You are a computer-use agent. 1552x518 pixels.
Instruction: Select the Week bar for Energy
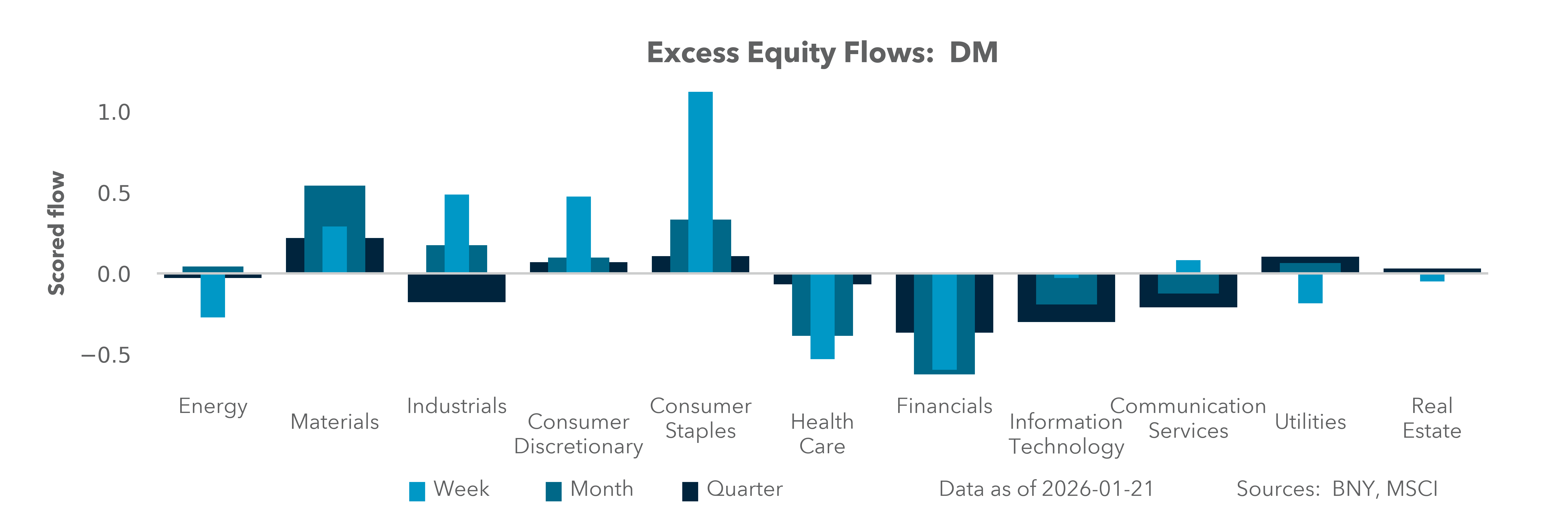[213, 296]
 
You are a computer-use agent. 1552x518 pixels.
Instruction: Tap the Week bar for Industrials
[457, 233]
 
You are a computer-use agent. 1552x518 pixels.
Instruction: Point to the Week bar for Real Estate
[1432, 278]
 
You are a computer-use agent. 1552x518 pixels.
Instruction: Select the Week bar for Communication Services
[1188, 266]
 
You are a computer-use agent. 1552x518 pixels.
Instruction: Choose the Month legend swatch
[553, 491]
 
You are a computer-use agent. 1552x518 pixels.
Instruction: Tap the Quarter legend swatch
[690, 491]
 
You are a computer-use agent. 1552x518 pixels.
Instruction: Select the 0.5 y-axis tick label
[114, 194]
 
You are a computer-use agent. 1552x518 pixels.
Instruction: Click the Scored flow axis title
[56, 233]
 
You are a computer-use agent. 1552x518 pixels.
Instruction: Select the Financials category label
[944, 406]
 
